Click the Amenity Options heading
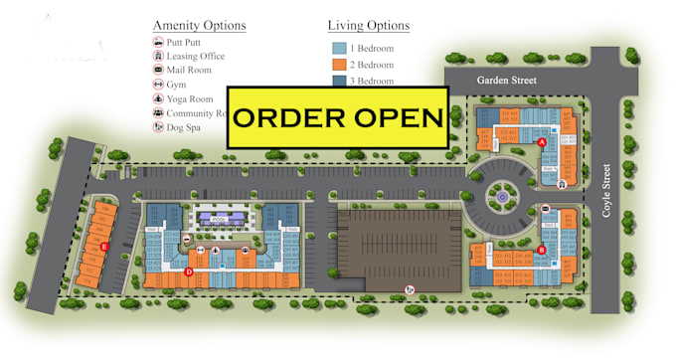(x=199, y=25)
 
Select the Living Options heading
(x=368, y=25)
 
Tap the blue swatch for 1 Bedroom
(x=340, y=48)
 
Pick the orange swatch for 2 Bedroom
(x=340, y=64)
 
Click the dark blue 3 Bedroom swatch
(x=340, y=81)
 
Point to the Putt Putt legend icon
(x=158, y=42)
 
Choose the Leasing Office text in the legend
(x=196, y=56)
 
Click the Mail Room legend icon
(x=158, y=70)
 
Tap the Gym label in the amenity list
(x=177, y=85)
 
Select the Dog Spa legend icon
(x=158, y=127)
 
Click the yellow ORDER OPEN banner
(x=337, y=116)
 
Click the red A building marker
(x=542, y=143)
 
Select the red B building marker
(x=542, y=250)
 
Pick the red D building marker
(x=189, y=270)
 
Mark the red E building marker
(x=103, y=246)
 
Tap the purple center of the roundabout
(x=503, y=197)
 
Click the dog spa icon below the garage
(x=409, y=290)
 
